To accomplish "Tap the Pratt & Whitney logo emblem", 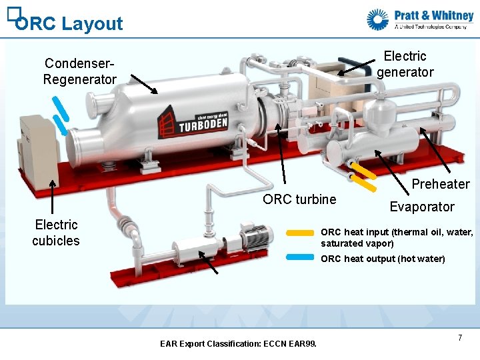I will (x=378, y=19).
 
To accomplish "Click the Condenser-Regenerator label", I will (x=79, y=71).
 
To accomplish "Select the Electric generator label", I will (x=405, y=64).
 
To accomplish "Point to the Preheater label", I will (x=441, y=184).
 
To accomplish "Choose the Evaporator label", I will (x=422, y=207).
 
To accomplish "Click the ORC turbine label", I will (x=299, y=199).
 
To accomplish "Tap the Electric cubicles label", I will (x=56, y=233).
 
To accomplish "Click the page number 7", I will (x=460, y=339).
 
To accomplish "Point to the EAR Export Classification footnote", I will (x=239, y=344).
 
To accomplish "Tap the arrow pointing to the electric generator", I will (x=357, y=67).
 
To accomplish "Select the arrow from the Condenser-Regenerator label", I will (x=144, y=84).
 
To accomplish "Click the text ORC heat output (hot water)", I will (x=383, y=259).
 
